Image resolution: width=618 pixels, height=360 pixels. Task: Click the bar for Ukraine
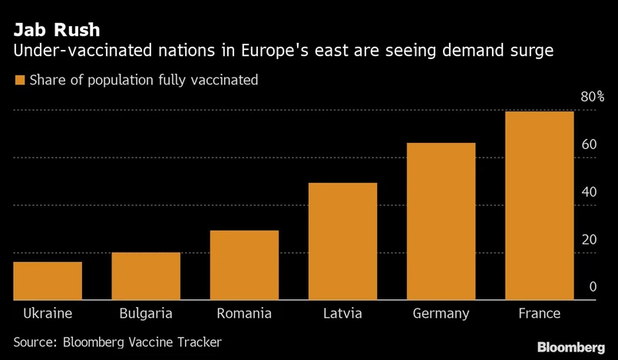point(47,281)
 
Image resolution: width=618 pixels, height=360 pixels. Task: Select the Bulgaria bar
point(145,276)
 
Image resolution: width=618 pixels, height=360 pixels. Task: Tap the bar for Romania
point(244,266)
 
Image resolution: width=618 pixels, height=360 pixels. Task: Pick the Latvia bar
point(342,242)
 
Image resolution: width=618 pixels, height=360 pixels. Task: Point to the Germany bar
point(441,222)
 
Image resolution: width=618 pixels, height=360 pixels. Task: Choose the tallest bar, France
point(539,206)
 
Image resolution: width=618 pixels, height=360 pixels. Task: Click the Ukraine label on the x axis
point(48,313)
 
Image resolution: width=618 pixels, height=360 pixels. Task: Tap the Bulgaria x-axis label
point(146,313)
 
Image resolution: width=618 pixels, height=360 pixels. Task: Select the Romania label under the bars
point(244,313)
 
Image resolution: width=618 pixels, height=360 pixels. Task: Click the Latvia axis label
point(342,313)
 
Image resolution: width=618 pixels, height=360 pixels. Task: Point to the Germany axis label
point(441,313)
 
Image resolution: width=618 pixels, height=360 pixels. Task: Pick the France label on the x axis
point(539,313)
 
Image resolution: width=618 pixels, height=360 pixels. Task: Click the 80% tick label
point(592,97)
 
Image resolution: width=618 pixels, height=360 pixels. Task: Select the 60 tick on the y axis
point(589,144)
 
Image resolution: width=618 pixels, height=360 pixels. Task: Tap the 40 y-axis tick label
point(589,192)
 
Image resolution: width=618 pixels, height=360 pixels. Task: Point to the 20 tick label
point(589,239)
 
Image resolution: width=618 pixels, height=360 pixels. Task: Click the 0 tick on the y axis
point(593,287)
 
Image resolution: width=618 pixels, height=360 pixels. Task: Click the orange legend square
point(19,79)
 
